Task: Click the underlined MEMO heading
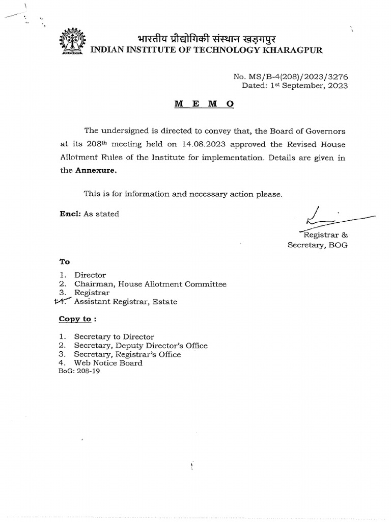point(204,103)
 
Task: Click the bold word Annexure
point(96,171)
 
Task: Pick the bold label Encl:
point(70,214)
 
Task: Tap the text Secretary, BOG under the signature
point(318,245)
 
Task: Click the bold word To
point(64,262)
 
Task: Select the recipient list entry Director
point(90,275)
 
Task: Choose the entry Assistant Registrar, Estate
point(125,302)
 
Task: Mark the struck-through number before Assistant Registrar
point(63,302)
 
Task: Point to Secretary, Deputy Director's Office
point(141,346)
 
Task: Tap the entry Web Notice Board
point(108,363)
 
